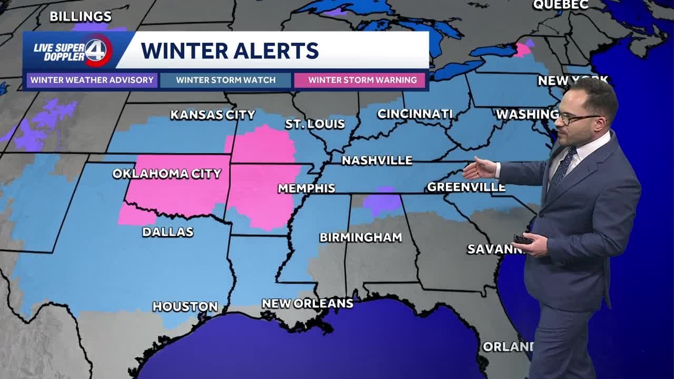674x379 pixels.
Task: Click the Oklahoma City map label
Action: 167,174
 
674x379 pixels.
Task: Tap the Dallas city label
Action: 167,232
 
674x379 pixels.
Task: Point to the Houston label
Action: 185,306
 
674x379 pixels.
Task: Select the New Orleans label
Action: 308,303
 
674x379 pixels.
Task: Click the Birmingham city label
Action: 361,237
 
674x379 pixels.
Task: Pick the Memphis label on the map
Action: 306,188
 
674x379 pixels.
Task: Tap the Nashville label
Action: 377,161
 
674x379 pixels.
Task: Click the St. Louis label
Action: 315,124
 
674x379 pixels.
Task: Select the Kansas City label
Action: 213,115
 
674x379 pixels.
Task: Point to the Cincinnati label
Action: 415,114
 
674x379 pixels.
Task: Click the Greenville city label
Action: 466,187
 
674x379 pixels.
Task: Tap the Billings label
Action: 81,16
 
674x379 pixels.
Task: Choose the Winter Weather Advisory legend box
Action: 92,81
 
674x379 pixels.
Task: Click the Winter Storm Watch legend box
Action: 226,81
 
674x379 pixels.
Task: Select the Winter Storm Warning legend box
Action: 362,81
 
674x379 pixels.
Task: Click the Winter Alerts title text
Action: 230,51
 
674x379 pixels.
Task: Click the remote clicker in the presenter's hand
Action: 523,240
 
